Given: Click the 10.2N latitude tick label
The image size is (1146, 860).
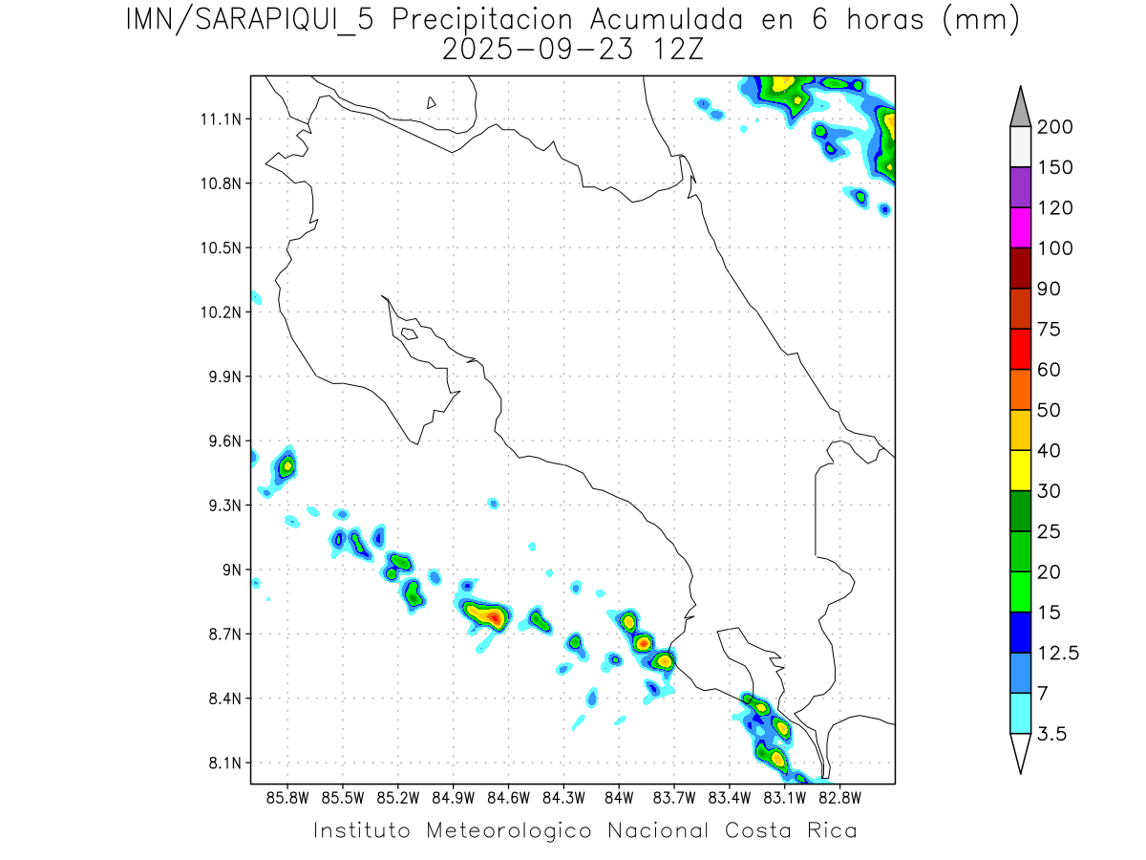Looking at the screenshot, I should point(217,312).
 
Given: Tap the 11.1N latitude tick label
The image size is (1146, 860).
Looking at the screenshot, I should point(217,119).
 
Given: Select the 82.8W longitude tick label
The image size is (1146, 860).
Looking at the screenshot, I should point(840,797).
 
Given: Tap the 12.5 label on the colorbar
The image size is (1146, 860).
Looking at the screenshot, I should point(1057,653).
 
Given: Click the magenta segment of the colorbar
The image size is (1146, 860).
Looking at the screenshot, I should point(1020,227).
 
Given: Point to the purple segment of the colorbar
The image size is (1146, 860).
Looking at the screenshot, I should point(1020,187).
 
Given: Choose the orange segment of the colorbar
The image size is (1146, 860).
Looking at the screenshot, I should point(1020,389).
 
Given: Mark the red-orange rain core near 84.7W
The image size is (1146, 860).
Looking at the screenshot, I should point(494,617).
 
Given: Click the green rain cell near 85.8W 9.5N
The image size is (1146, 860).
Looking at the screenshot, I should point(286,466).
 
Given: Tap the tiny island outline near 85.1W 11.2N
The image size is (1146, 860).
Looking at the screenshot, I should point(432,102).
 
